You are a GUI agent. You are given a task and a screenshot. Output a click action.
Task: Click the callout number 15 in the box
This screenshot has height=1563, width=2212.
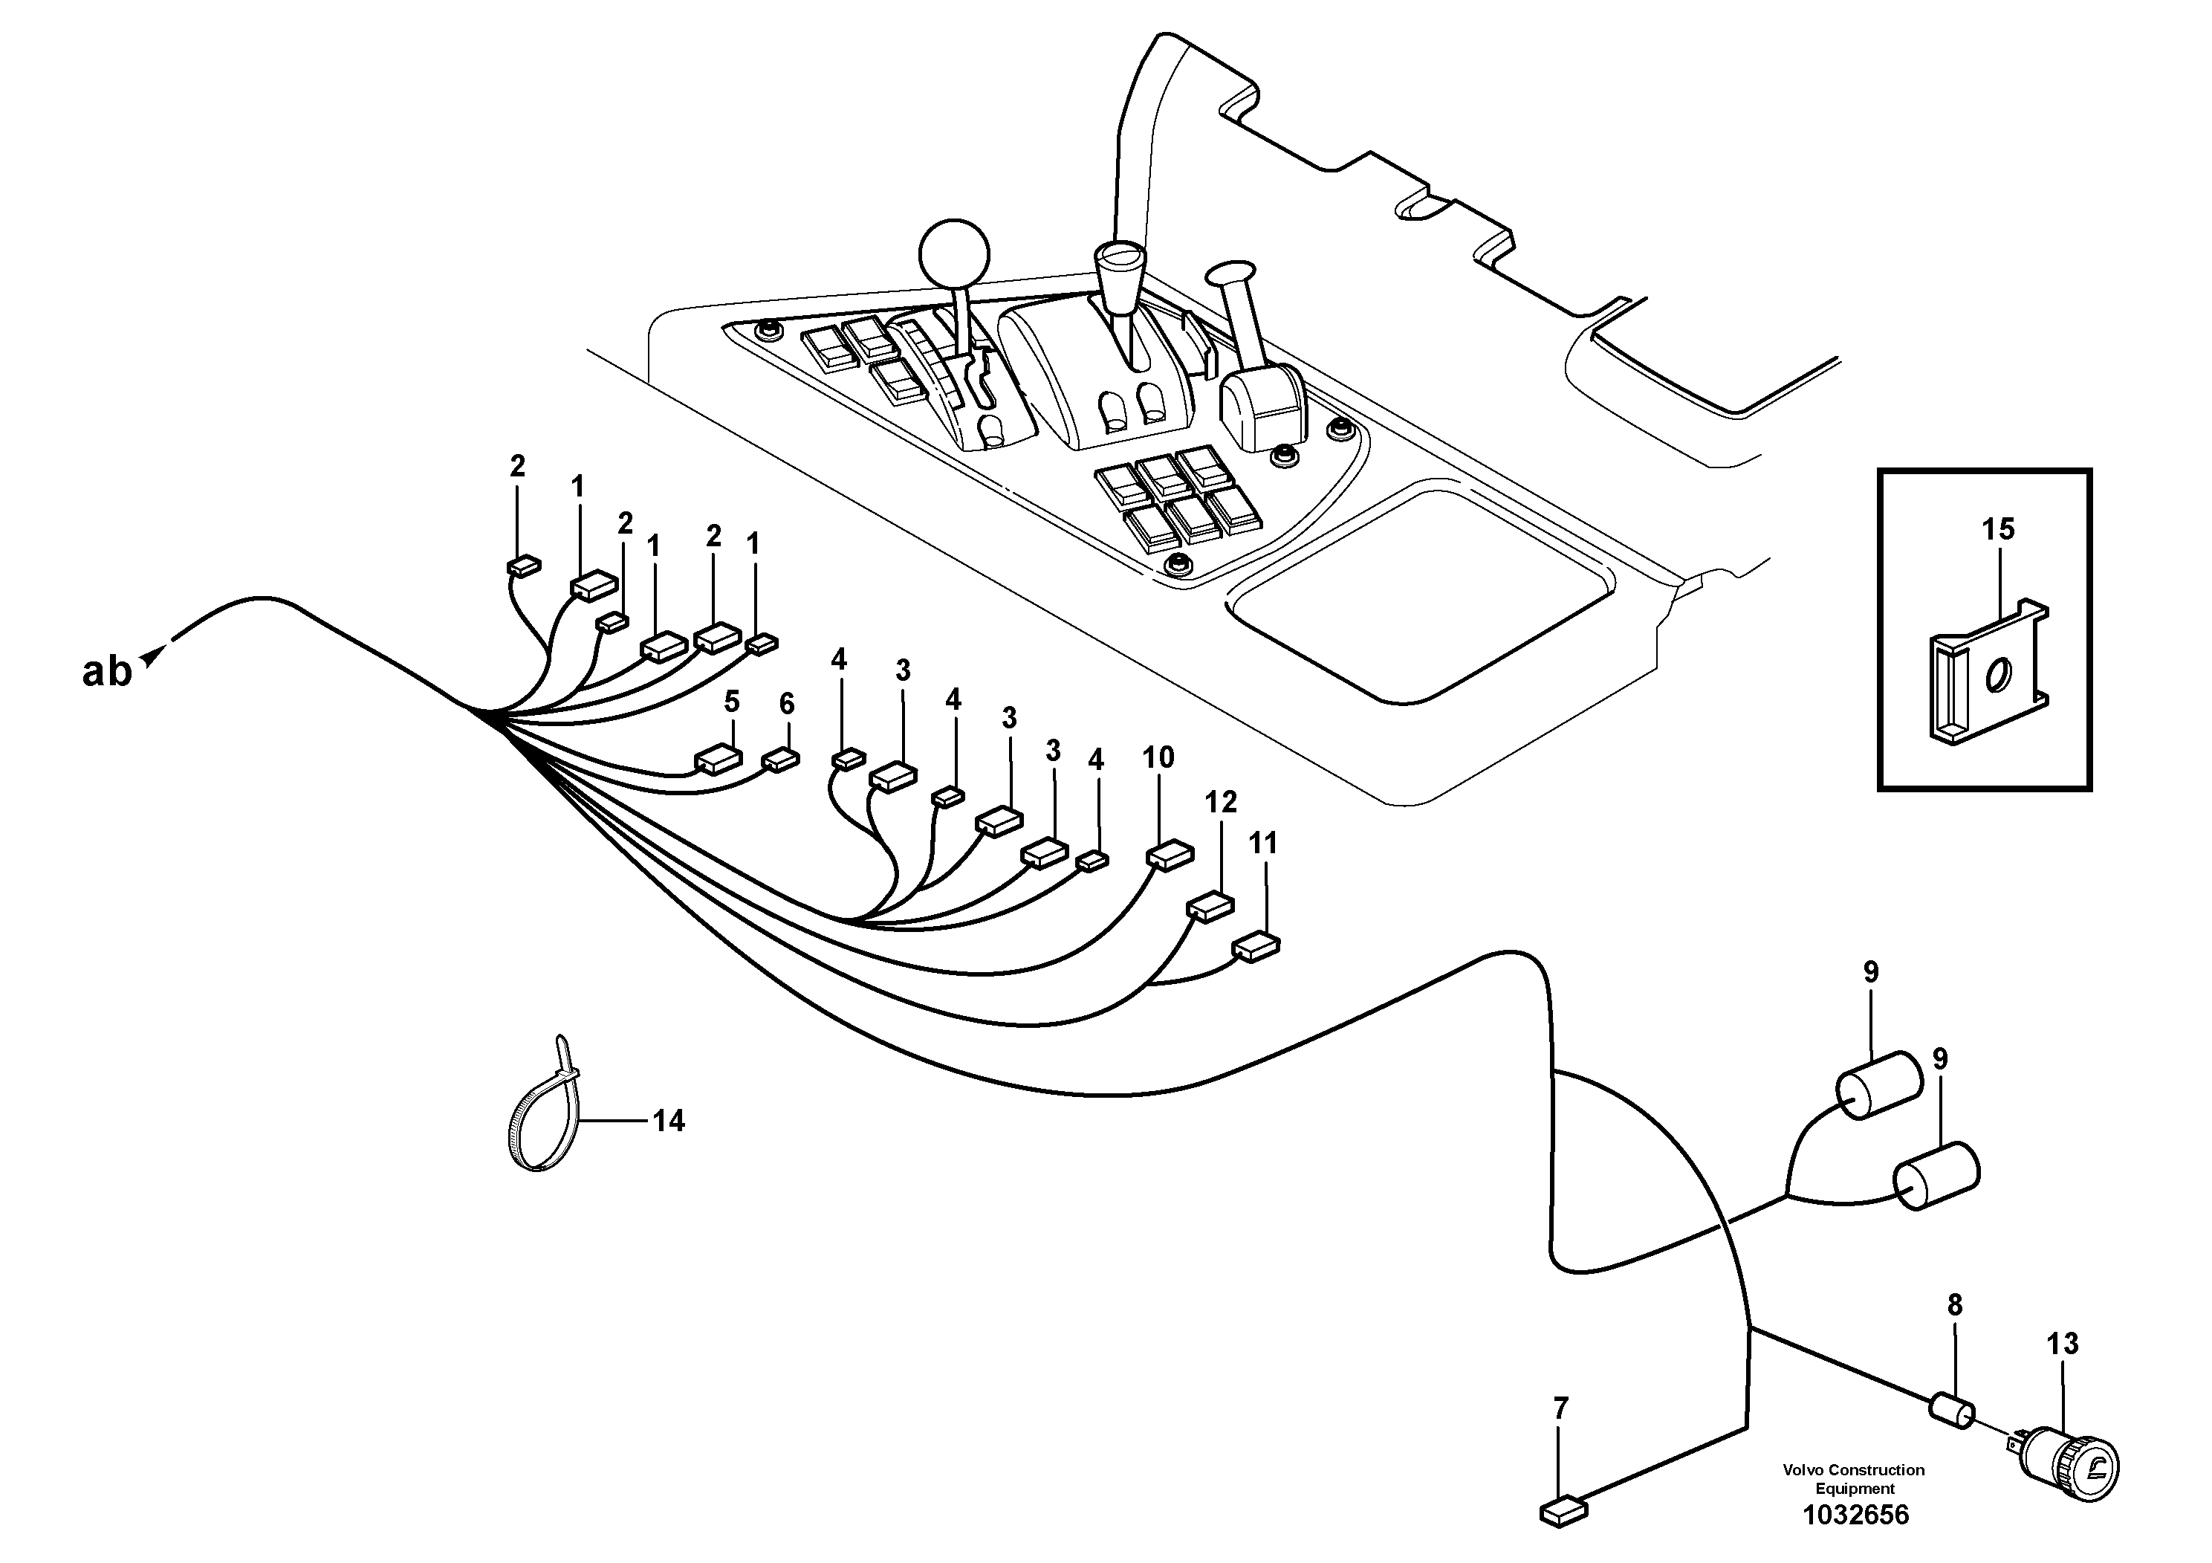(1998, 529)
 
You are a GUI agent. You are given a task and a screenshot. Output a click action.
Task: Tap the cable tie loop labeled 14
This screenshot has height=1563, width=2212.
(542, 1108)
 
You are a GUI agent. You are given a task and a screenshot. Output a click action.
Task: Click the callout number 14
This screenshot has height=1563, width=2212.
(668, 1121)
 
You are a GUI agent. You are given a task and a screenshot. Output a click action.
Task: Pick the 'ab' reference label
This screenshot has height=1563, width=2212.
(106, 672)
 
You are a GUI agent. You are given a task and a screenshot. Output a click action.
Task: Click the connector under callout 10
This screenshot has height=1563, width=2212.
(1170, 855)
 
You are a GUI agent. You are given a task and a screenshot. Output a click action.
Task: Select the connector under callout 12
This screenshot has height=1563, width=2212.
(1210, 907)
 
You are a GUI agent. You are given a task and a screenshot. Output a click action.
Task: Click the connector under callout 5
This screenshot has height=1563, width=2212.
(718, 760)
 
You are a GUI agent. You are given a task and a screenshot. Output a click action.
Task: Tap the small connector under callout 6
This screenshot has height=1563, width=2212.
(780, 761)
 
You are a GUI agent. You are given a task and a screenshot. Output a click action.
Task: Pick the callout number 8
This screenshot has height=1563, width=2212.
(1954, 1306)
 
